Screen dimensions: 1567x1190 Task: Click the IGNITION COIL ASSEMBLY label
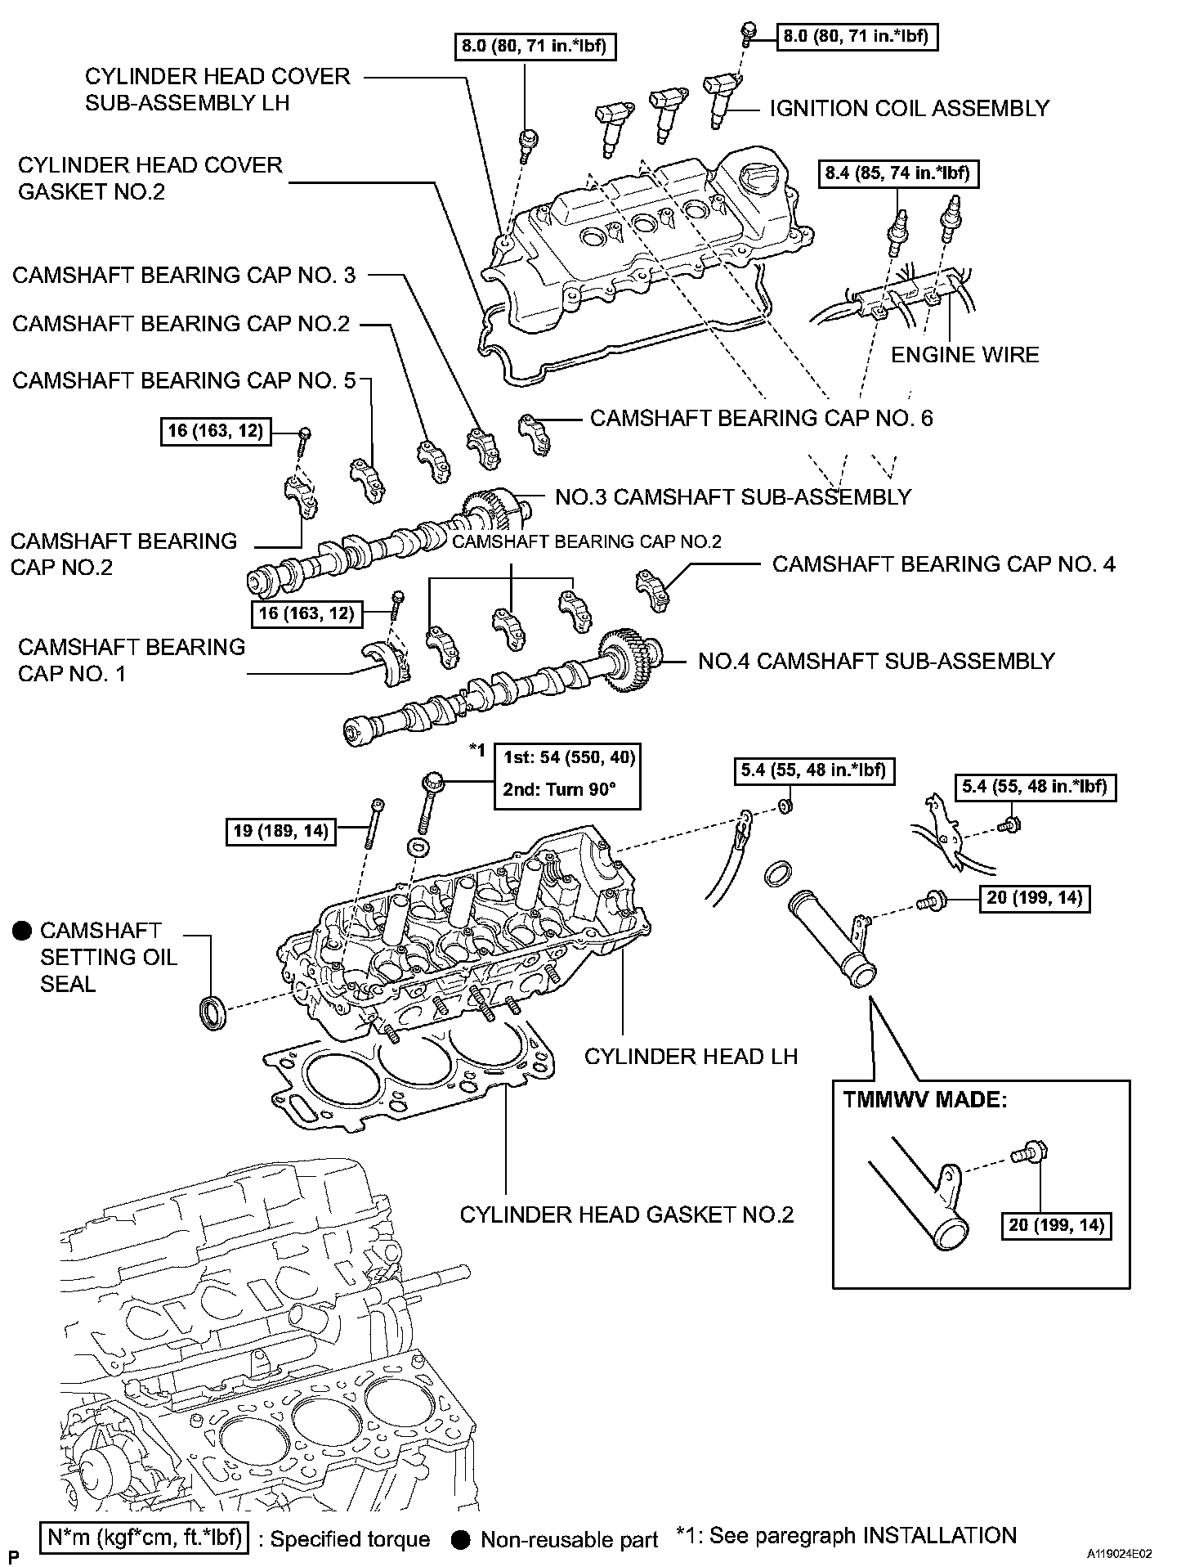[x=909, y=109]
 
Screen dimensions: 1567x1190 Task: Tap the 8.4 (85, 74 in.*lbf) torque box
[x=900, y=173]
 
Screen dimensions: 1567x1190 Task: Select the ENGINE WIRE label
[x=964, y=355]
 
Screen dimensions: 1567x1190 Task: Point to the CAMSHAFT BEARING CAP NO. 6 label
[x=761, y=418]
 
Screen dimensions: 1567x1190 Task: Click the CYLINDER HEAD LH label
[x=691, y=1056]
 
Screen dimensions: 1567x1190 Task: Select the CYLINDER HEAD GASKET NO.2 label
[x=627, y=1215]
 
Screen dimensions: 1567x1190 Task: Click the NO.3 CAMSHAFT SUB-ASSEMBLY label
[x=733, y=496]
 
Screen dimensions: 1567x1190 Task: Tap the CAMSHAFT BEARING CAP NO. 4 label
[x=943, y=564]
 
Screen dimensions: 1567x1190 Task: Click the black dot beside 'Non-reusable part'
[x=462, y=1540]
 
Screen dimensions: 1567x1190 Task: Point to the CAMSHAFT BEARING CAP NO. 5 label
[x=185, y=380]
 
